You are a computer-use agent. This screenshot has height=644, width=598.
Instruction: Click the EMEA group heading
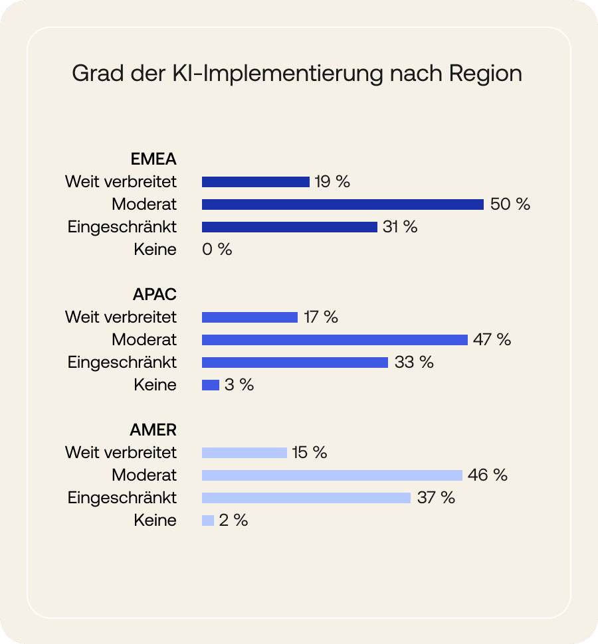click(153, 159)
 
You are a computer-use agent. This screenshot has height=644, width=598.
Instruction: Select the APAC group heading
click(154, 294)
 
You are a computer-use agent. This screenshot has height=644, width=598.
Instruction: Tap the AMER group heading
click(153, 430)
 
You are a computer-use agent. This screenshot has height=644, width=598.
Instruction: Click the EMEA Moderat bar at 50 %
click(342, 204)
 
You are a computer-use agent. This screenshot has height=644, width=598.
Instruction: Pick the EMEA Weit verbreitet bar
click(255, 182)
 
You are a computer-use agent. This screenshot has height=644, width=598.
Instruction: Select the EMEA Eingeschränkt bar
click(289, 227)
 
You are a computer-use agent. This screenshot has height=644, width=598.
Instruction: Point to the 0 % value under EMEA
click(217, 250)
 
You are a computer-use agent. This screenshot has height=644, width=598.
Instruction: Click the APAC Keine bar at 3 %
click(210, 385)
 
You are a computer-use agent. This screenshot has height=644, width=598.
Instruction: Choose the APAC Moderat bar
click(334, 340)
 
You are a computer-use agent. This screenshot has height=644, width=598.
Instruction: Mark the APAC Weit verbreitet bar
click(249, 317)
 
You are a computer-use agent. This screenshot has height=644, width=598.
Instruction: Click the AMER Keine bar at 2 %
click(207, 521)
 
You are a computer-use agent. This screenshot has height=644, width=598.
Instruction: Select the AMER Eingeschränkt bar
click(306, 498)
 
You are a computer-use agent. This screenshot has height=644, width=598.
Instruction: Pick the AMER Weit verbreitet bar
click(244, 453)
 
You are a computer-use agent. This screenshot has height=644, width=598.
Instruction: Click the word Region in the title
click(486, 74)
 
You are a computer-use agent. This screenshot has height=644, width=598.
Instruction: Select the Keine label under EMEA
click(155, 250)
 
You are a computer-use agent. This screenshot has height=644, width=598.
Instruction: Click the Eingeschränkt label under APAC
click(122, 362)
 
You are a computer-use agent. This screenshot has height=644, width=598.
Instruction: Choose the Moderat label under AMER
click(144, 475)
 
